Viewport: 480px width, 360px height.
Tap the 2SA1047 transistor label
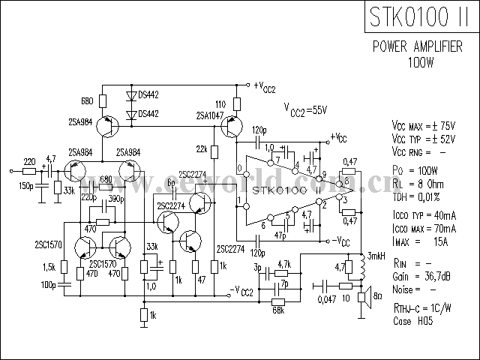(210, 116)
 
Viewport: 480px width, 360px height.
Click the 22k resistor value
(202, 148)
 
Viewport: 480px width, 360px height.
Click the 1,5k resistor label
(51, 268)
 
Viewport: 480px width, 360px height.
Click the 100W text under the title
(424, 61)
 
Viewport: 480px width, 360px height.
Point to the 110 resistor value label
(220, 103)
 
